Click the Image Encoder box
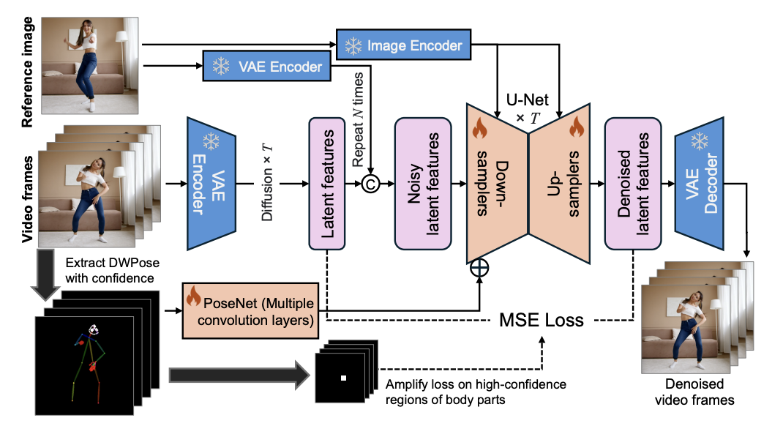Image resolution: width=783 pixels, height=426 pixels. pyautogui.click(x=403, y=45)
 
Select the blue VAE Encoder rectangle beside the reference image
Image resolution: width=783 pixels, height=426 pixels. pyautogui.click(x=266, y=66)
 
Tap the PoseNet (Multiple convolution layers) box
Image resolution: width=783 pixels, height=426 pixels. pyautogui.click(x=250, y=310)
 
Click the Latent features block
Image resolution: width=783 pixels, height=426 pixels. pyautogui.click(x=327, y=184)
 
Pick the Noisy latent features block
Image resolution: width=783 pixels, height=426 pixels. pyautogui.click(x=423, y=184)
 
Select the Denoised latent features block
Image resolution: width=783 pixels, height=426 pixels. pyautogui.click(x=633, y=184)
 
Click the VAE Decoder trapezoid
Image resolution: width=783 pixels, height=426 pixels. pyautogui.click(x=699, y=184)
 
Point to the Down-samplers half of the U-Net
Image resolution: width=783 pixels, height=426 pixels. pyautogui.click(x=497, y=184)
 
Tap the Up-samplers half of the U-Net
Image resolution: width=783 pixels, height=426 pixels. pyautogui.click(x=559, y=184)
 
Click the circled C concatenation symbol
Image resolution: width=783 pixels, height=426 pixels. pyautogui.click(x=370, y=184)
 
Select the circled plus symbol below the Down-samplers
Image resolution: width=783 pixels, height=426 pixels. pyautogui.click(x=479, y=268)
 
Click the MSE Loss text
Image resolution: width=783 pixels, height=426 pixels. pyautogui.click(x=542, y=320)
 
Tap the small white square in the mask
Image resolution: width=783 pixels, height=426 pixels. pyautogui.click(x=343, y=378)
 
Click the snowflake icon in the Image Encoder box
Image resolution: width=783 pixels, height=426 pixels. pyautogui.click(x=353, y=45)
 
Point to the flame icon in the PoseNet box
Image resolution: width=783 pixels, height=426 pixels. pyautogui.click(x=193, y=296)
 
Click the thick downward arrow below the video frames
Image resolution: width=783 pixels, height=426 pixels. pyautogui.click(x=45, y=274)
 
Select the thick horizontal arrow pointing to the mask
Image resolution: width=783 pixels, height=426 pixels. pyautogui.click(x=240, y=375)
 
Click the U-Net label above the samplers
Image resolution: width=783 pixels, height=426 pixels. pyautogui.click(x=528, y=100)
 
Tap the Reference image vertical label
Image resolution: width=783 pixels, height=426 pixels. pyautogui.click(x=27, y=72)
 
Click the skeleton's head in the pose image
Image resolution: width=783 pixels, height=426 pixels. pyautogui.click(x=94, y=329)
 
